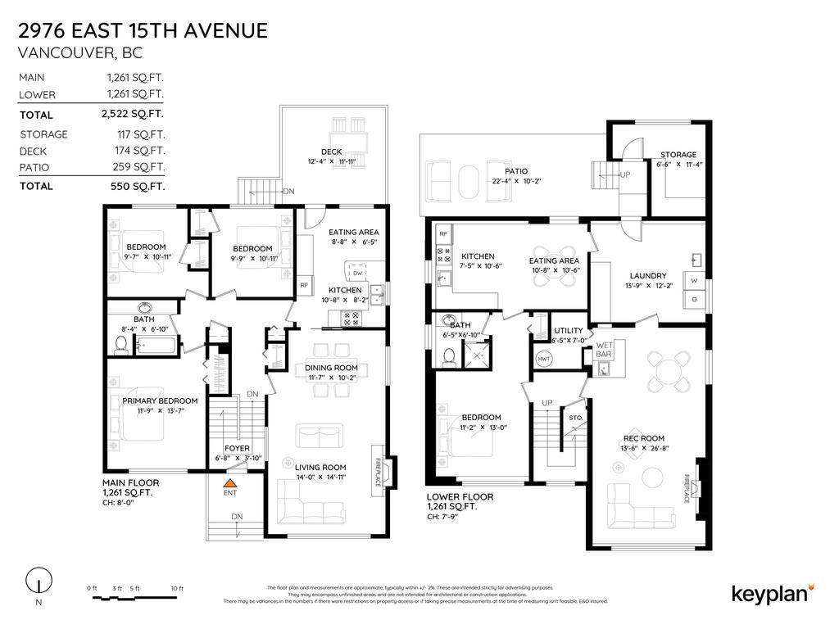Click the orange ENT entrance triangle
click(x=230, y=485)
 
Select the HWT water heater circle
click(x=543, y=359)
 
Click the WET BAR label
click(x=605, y=349)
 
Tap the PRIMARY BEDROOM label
click(x=160, y=400)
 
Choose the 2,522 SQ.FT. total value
click(x=135, y=115)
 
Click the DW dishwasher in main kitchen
click(x=357, y=274)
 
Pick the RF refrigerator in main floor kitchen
click(x=303, y=285)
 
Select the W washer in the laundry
click(x=694, y=281)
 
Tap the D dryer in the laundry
click(x=694, y=300)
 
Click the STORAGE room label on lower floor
click(x=678, y=154)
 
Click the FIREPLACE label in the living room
click(x=379, y=472)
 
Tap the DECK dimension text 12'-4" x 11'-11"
click(x=331, y=161)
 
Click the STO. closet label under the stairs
click(x=576, y=418)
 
